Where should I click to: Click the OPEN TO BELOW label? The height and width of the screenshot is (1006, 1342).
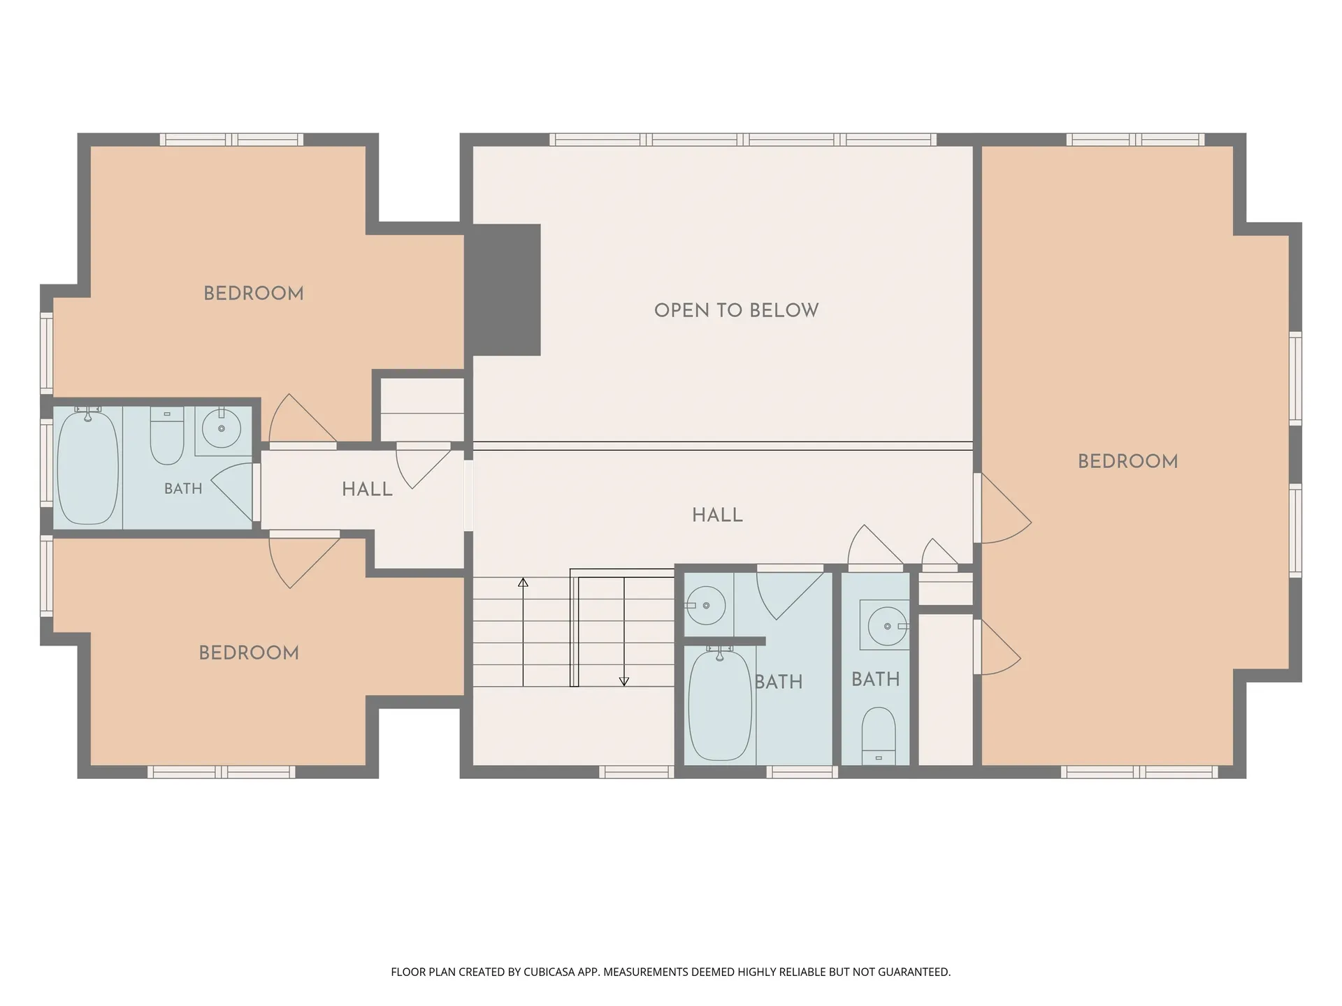coord(736,310)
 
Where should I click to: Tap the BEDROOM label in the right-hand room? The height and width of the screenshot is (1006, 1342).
coord(1127,461)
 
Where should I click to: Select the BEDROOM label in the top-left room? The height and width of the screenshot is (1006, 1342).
coord(254,293)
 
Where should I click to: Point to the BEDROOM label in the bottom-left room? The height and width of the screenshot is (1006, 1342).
coord(249,653)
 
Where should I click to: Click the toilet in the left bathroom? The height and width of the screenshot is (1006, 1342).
coord(167,436)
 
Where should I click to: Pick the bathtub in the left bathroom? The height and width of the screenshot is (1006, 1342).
coord(87,467)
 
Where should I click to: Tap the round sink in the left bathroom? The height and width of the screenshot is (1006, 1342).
coord(222,428)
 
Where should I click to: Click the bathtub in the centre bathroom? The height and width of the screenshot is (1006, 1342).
coord(720,704)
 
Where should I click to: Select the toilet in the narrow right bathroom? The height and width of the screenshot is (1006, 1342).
coord(879,736)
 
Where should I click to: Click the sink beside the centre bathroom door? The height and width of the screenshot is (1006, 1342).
coord(706,605)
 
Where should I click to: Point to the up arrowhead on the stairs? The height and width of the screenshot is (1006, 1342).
coord(523,582)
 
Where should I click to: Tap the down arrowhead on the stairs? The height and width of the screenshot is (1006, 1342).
coord(624,681)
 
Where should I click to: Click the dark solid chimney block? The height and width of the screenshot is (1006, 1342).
coord(507,290)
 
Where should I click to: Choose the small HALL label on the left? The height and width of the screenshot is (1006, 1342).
coord(367,490)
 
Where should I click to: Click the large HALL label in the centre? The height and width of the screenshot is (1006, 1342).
coord(717,516)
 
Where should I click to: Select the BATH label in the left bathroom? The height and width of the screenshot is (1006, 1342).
coord(183,489)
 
